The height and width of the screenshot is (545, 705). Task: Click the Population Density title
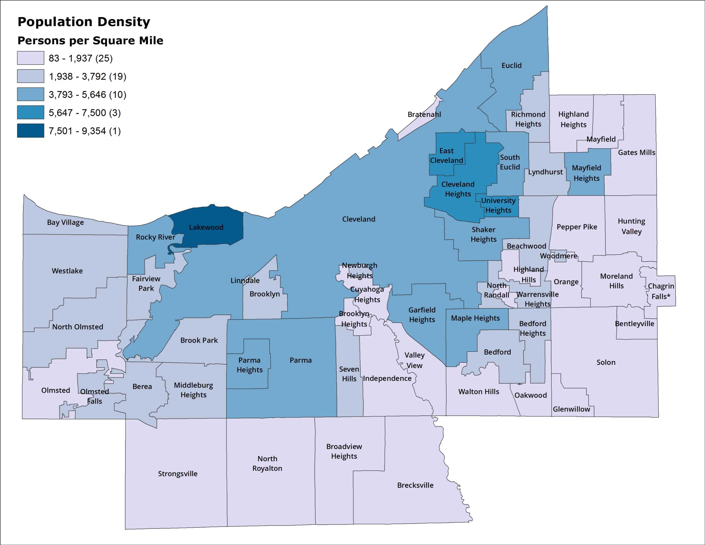(x=84, y=22)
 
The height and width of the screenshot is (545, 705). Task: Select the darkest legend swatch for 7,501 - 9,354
(x=31, y=131)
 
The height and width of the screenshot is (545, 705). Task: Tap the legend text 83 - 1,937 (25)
(x=80, y=58)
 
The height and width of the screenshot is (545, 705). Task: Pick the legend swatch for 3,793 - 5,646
(x=31, y=94)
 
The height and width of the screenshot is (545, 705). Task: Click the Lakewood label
(x=206, y=227)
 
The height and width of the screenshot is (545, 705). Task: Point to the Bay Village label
(x=65, y=222)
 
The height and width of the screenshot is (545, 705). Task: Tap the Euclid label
(x=511, y=66)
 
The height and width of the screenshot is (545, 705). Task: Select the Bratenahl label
(x=424, y=114)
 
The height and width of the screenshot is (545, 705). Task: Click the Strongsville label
(x=178, y=474)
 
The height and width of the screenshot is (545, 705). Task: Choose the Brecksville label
(x=415, y=485)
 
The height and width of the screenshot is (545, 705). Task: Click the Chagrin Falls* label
(x=660, y=291)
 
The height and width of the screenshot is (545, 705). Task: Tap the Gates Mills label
(x=636, y=152)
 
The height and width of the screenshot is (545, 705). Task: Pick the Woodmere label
(x=558, y=256)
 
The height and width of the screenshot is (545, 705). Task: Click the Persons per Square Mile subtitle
(x=90, y=41)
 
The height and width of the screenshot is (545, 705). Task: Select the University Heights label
(x=498, y=206)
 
